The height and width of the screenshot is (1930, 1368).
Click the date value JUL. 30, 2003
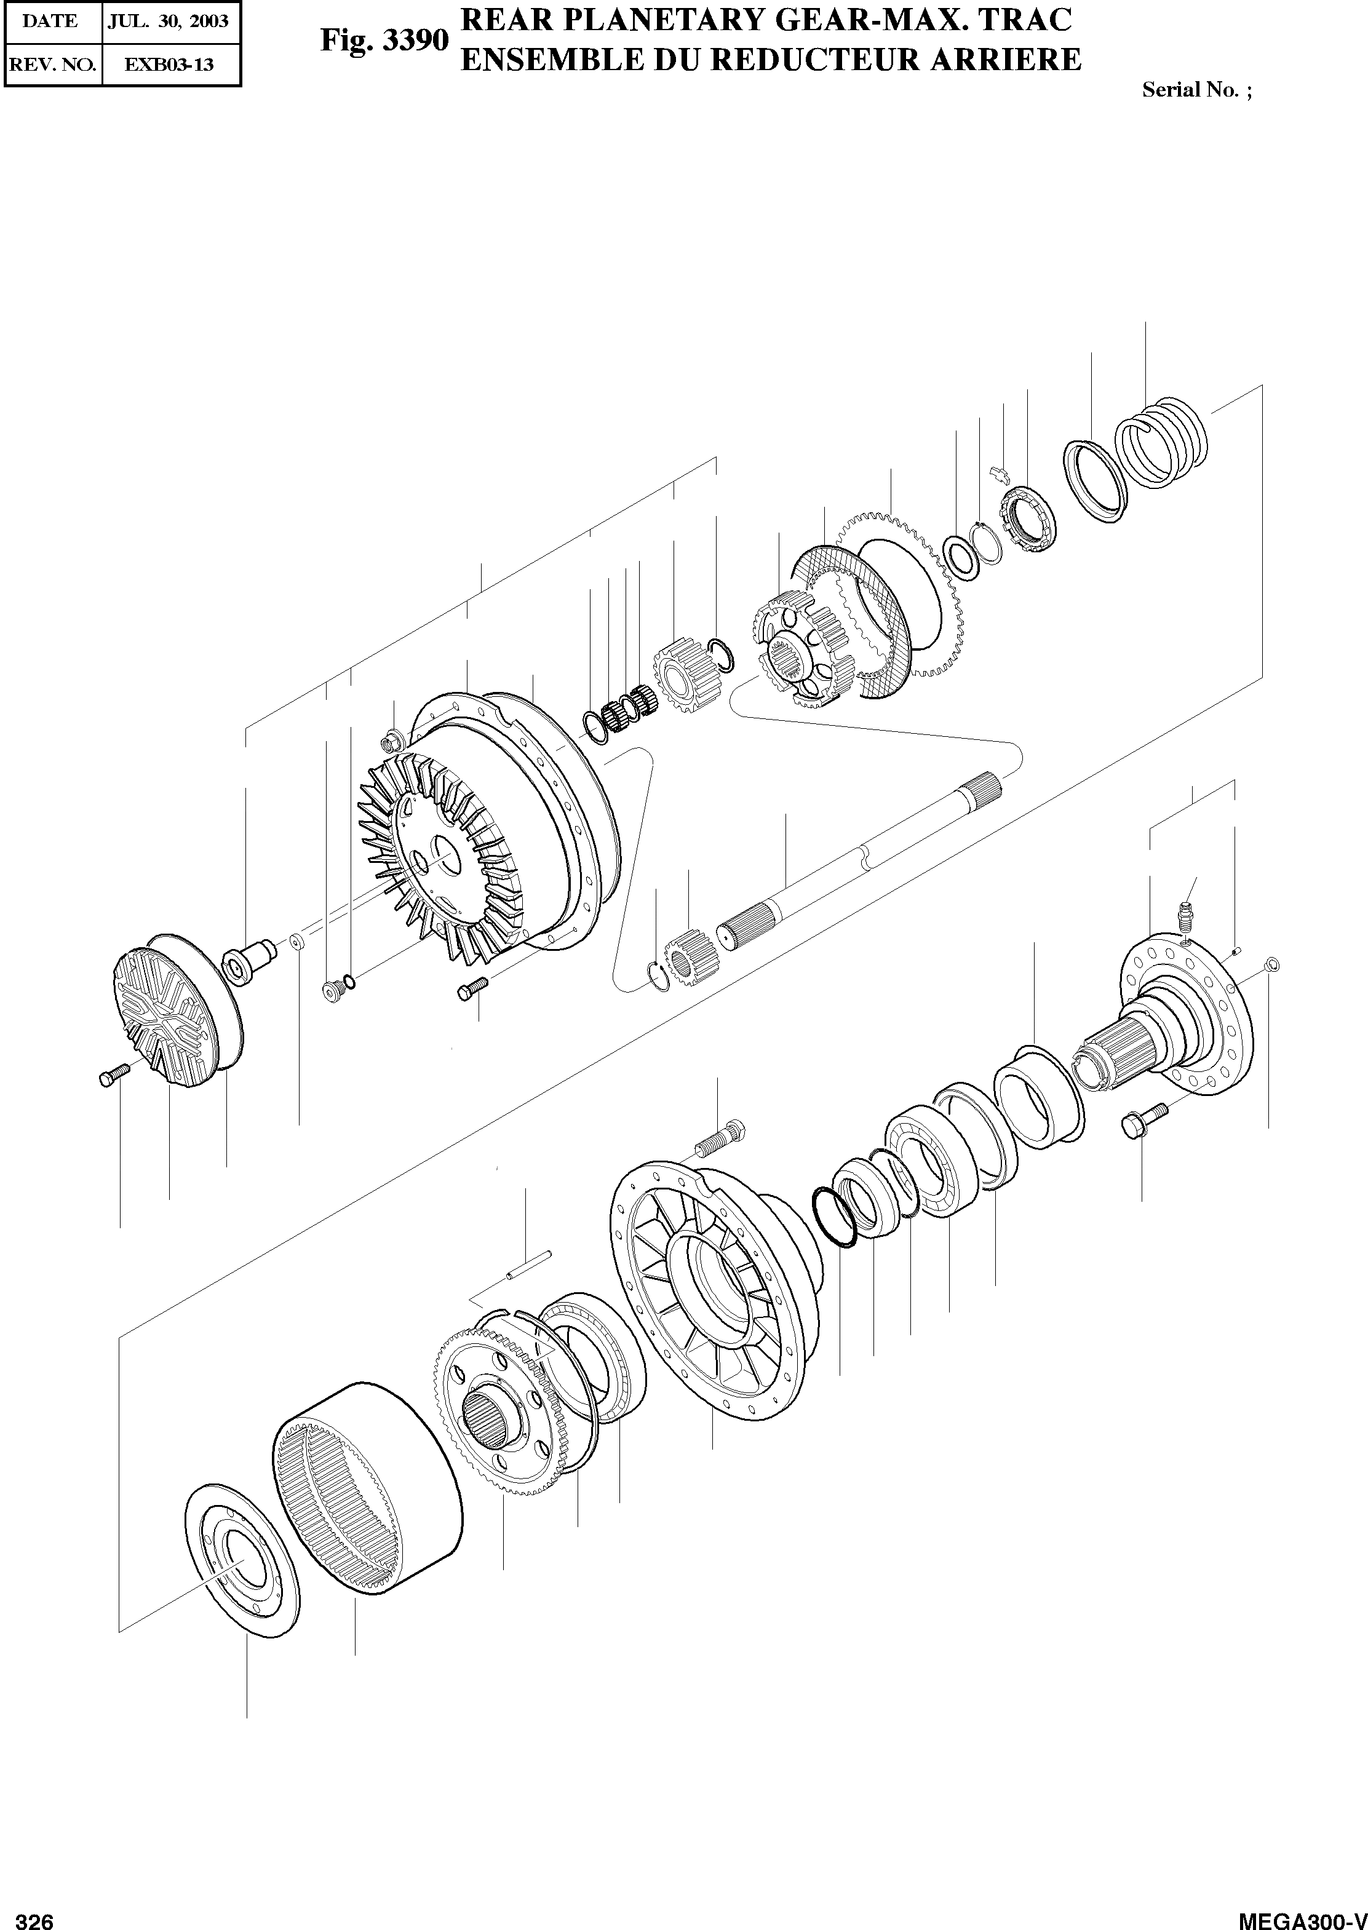[x=168, y=21]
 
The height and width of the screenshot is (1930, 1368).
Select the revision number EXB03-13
[x=169, y=64]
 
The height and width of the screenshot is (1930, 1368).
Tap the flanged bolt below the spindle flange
[x=1142, y=1120]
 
